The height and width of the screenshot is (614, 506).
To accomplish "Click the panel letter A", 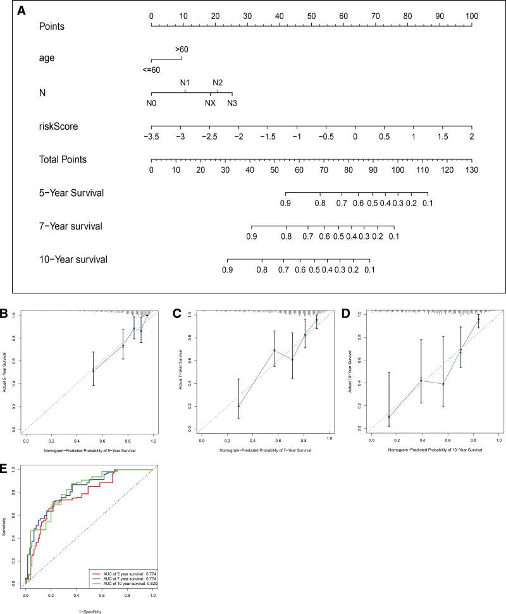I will point(22,11).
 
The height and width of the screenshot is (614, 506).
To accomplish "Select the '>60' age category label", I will point(182,49).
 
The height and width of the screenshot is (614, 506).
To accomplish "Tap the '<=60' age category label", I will point(151,70).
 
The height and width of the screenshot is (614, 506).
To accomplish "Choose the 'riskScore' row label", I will point(58,126).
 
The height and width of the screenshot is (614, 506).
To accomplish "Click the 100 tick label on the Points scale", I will point(471,15).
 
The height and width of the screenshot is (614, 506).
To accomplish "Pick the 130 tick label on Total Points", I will point(471,171).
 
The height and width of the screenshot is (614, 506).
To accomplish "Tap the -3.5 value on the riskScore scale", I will point(151,137).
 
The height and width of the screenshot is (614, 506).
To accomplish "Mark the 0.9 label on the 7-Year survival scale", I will point(252,236).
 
